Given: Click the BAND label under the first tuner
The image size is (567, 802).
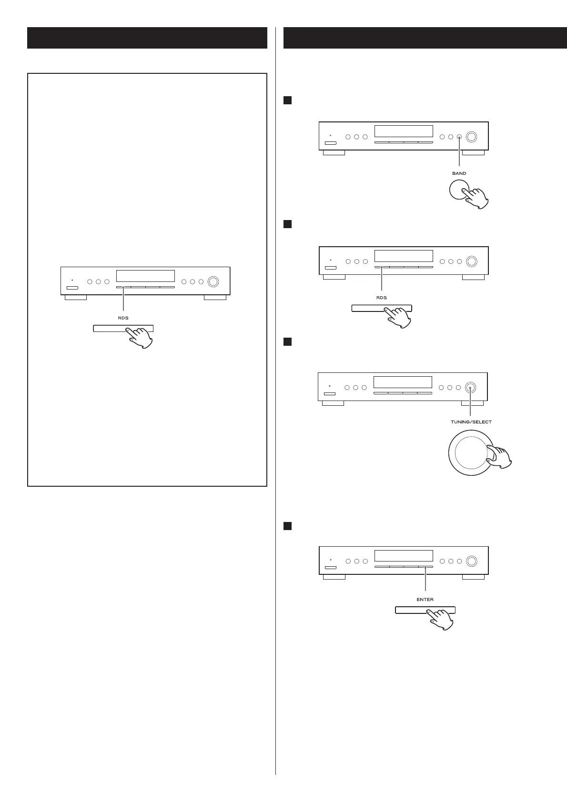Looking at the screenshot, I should click(459, 173).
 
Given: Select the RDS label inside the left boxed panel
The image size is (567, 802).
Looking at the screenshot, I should click(123, 318).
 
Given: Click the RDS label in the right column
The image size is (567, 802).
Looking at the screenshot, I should click(382, 298).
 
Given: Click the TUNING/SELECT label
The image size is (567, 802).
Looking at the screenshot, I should click(471, 422).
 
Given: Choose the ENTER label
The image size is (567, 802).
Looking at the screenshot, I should click(425, 600).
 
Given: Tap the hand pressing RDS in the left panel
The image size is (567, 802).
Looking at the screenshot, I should click(141, 337).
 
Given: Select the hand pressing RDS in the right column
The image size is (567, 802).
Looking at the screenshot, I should click(399, 317).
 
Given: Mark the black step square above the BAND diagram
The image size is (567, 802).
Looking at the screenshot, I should click(287, 100).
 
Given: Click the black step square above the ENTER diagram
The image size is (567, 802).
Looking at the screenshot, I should click(287, 526).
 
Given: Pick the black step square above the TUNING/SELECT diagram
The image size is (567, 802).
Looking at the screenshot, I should click(287, 342).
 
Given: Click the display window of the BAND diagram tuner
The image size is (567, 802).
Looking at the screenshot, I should click(404, 131).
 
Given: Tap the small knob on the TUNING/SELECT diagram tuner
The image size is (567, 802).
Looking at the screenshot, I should click(470, 388).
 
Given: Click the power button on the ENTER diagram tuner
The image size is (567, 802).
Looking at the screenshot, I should click(331, 568).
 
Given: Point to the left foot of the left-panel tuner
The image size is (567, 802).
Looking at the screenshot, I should click(76, 297).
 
